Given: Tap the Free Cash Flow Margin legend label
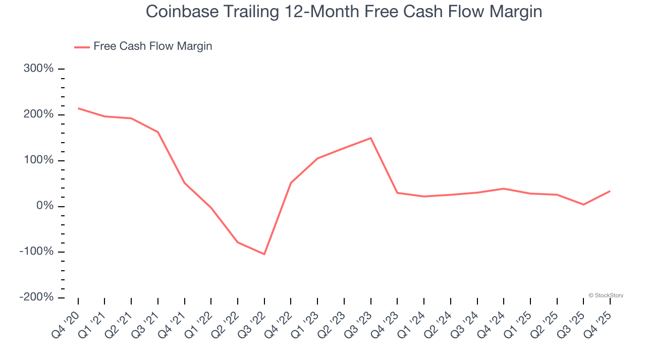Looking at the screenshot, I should pyautogui.click(x=152, y=46).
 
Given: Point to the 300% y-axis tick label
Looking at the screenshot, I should pyautogui.click(x=39, y=69).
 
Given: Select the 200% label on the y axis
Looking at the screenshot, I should pyautogui.click(x=39, y=114).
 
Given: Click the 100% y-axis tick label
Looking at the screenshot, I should pyautogui.click(x=39, y=160).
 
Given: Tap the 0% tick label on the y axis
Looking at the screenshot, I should pyautogui.click(x=44, y=206).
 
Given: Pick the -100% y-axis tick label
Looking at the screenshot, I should pyautogui.click(x=37, y=252).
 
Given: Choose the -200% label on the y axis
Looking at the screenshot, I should pyautogui.click(x=37, y=297).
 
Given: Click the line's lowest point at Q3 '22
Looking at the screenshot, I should pyautogui.click(x=264, y=254).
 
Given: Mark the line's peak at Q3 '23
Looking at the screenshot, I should pyautogui.click(x=371, y=138).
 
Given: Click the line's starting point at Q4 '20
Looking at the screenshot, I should pyautogui.click(x=78, y=108).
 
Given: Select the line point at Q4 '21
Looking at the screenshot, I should pyautogui.click(x=185, y=183).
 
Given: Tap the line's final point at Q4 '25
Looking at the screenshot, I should pyautogui.click(x=610, y=191).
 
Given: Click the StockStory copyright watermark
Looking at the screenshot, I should pyautogui.click(x=606, y=295).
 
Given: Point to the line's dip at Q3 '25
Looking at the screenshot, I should pyautogui.click(x=583, y=205).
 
